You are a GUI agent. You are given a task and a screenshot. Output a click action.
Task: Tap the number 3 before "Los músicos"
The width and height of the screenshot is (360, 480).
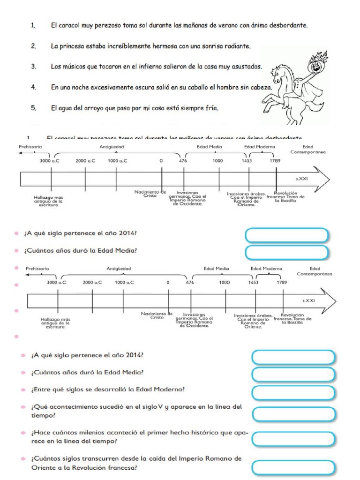[x=34, y=67]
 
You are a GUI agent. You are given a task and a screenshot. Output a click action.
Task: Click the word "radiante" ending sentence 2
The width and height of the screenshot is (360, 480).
[x=235, y=46]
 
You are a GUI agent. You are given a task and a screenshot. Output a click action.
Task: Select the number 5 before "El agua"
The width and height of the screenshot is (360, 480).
[x=34, y=108]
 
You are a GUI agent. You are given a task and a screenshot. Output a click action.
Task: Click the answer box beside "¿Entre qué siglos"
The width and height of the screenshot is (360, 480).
[x=293, y=392]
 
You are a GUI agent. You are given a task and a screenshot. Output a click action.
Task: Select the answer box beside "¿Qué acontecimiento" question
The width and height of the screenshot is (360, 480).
[x=293, y=414]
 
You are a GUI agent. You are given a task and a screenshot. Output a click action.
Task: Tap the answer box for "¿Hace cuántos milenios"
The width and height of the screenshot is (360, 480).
[x=293, y=439]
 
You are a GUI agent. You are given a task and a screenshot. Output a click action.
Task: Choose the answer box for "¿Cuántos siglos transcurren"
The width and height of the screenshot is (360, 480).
[x=293, y=467]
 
